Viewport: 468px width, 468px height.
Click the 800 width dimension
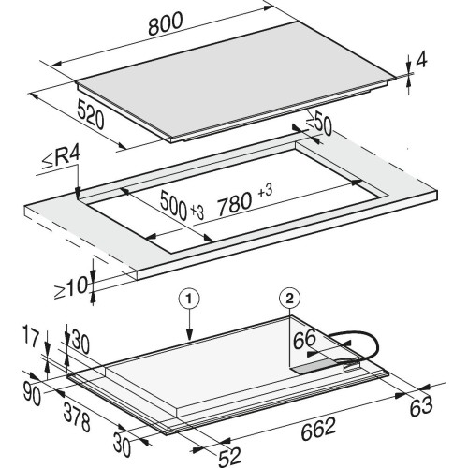pos(166,23)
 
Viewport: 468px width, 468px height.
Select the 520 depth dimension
pos(91,113)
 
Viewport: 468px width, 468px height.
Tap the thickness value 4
pos(421,59)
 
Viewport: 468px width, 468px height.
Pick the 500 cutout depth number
pos(173,203)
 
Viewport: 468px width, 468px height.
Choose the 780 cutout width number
pos(235,205)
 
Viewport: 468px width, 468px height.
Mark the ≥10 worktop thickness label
pos(70,287)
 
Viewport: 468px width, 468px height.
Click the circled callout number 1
pos(189,299)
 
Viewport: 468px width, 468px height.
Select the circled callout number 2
pos(289,299)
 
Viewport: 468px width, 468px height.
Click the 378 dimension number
pos(77,417)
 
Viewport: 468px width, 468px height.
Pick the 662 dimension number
pos(318,429)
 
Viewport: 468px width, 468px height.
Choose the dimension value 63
pos(421,405)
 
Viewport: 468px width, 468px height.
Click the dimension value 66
pos(304,339)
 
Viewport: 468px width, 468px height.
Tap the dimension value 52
pos(229,457)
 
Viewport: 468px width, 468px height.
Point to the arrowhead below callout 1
pos(189,334)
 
